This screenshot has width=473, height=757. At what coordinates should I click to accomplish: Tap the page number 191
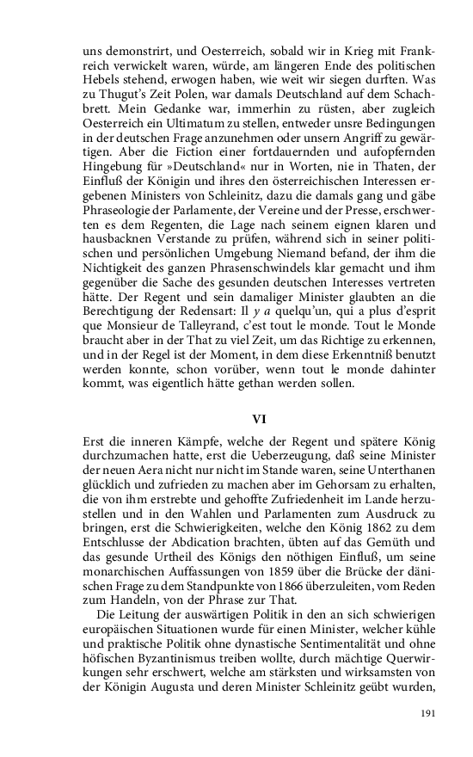427,713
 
